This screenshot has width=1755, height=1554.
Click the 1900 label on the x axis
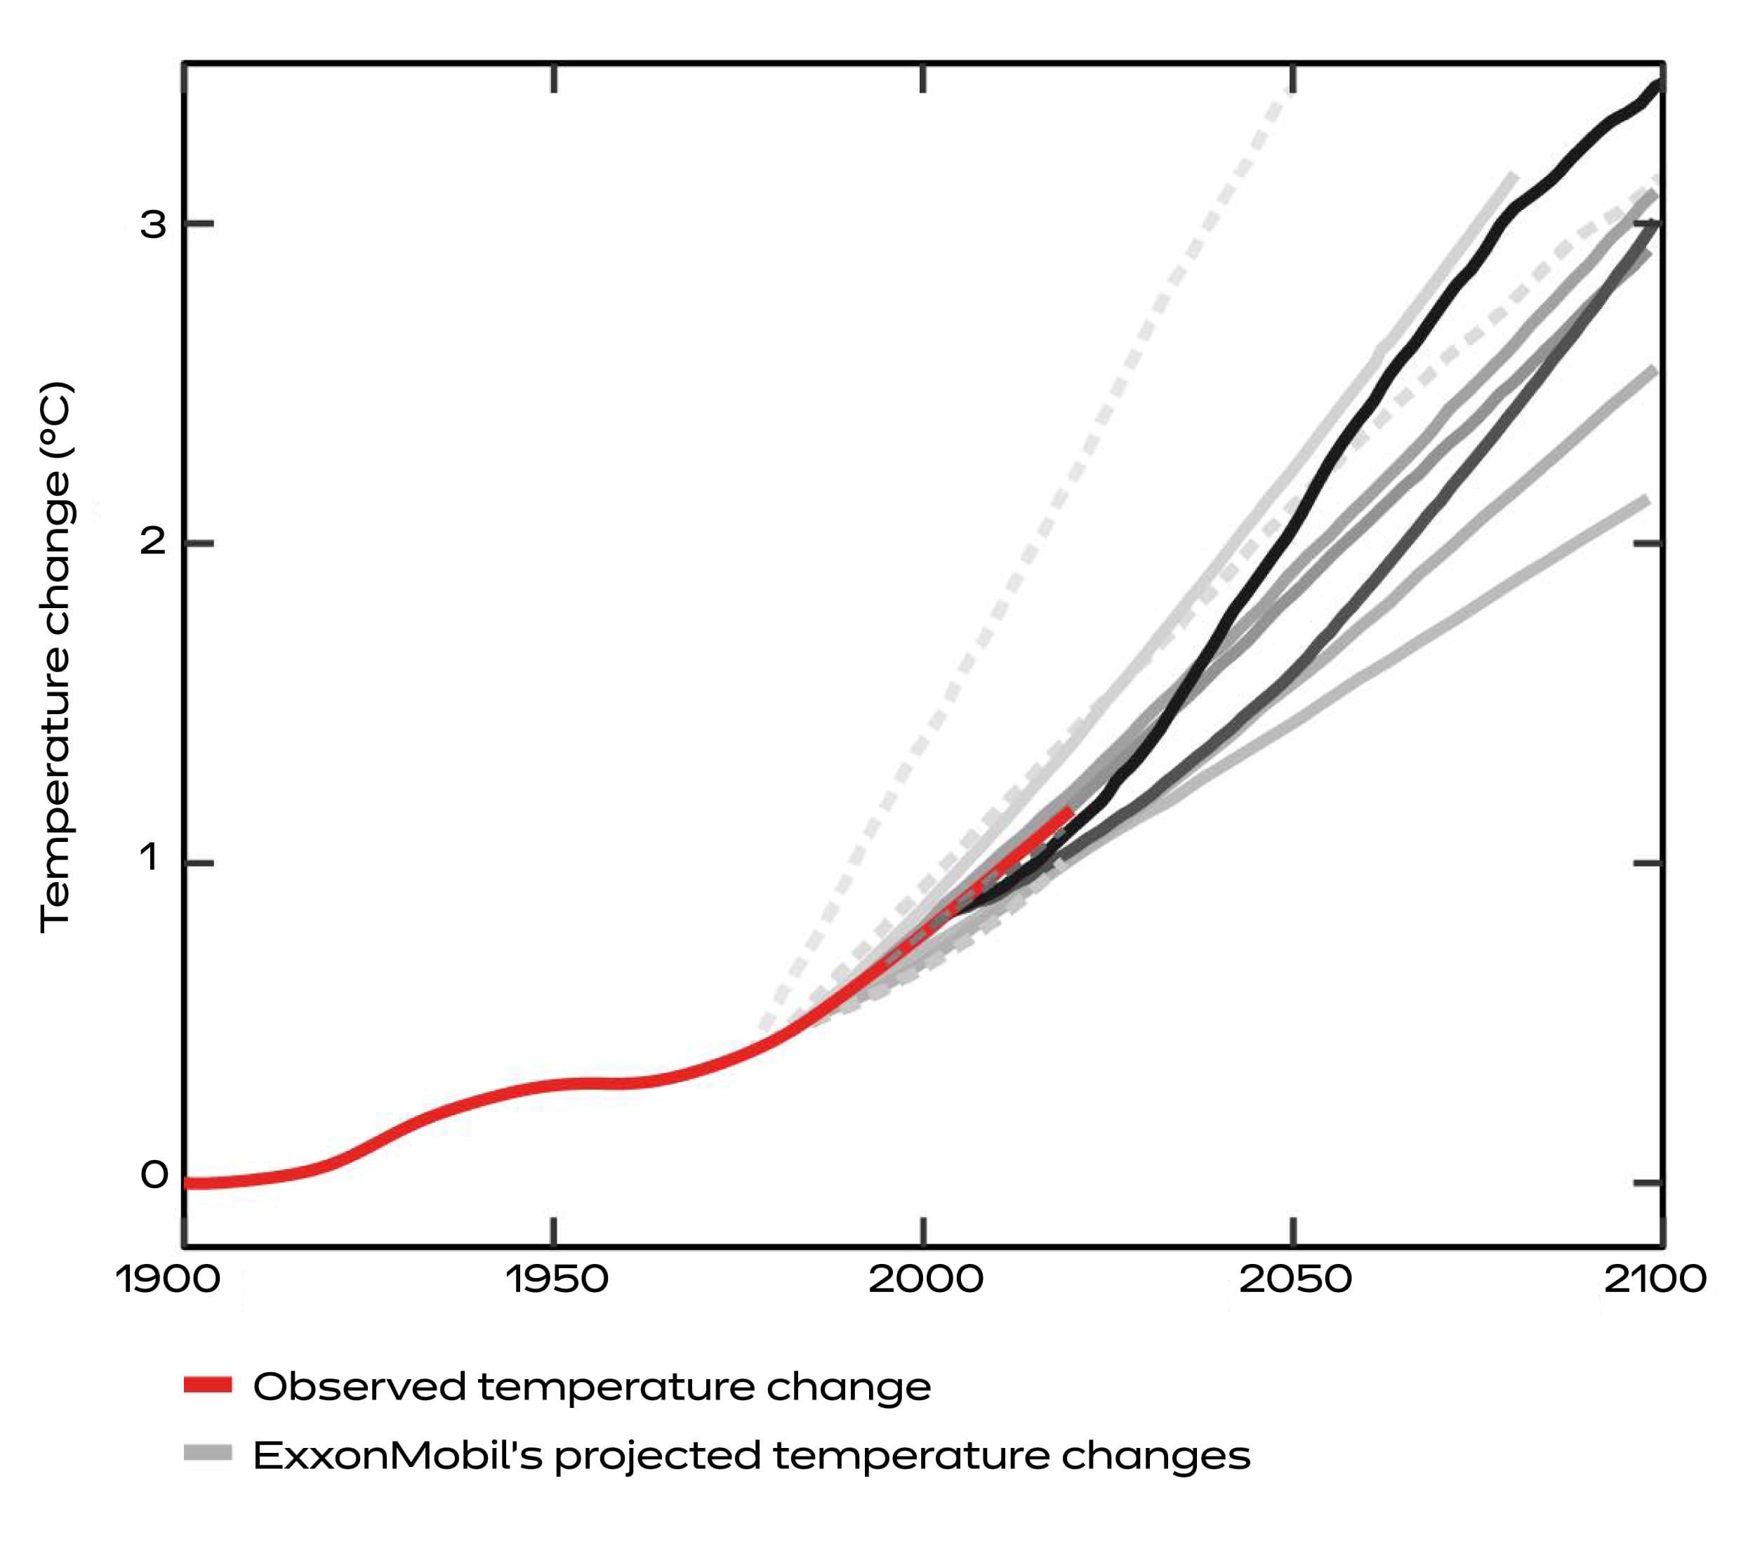(x=168, y=1279)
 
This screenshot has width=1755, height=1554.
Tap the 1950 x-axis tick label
(x=557, y=1279)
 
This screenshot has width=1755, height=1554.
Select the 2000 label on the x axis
(x=925, y=1279)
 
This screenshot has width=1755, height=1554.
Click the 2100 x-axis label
(x=1655, y=1279)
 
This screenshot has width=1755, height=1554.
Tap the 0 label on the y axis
(x=154, y=1174)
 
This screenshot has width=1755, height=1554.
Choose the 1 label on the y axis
(x=151, y=857)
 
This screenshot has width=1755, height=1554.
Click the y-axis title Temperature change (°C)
(x=57, y=657)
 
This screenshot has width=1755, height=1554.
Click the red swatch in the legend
(x=208, y=1384)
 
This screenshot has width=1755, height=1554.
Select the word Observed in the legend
(x=359, y=1385)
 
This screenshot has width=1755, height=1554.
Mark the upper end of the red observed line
(x=1070, y=810)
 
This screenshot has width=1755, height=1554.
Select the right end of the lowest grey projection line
(x=1645, y=500)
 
